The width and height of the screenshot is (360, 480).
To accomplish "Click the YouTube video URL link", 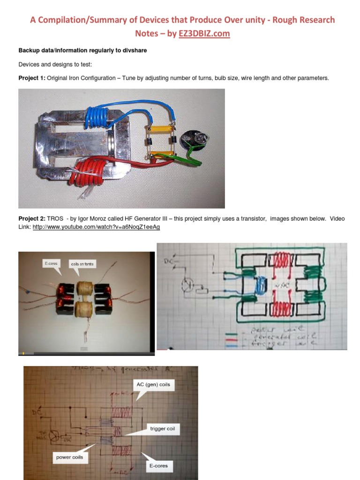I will pos(96,227).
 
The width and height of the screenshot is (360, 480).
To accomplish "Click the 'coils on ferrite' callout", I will pos(82,264).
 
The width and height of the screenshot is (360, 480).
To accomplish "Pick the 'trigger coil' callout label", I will pos(164,428).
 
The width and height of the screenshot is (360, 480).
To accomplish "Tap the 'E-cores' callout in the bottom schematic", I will pos(157,466).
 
